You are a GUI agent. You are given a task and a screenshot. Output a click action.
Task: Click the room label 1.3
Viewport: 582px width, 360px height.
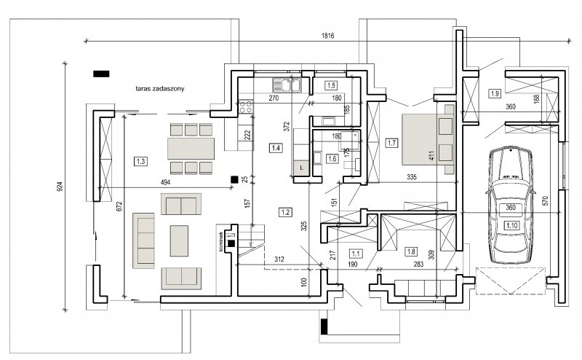click(x=140, y=161)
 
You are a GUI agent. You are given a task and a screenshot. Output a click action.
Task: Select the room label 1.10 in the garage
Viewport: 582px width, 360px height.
click(x=511, y=225)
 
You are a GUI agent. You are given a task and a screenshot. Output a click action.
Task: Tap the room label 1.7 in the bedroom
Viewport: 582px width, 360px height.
click(x=391, y=143)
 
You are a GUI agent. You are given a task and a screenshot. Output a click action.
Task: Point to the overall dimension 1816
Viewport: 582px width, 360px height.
click(x=328, y=36)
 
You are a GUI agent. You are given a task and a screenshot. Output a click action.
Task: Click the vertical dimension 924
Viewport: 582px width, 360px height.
click(x=60, y=186)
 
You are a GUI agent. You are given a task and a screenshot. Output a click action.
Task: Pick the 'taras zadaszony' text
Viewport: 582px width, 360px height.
click(x=160, y=88)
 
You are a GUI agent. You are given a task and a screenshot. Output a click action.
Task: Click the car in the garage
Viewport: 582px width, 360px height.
click(x=511, y=205)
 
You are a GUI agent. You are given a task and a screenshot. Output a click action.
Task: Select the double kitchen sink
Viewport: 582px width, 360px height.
click(x=287, y=85)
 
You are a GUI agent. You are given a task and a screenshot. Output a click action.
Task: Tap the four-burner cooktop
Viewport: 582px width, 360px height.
click(x=245, y=106)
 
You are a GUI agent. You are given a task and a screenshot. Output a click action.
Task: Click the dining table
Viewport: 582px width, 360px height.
click(x=191, y=149)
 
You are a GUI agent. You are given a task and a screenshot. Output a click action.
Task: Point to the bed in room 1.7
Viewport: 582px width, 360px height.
click(x=428, y=139)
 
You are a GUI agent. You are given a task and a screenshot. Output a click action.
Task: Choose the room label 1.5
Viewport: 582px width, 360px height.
click(x=331, y=85)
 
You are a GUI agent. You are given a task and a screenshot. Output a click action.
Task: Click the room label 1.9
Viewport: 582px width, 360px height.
click(x=495, y=94)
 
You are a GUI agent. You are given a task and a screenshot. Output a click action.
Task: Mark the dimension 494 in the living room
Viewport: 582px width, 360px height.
click(x=165, y=182)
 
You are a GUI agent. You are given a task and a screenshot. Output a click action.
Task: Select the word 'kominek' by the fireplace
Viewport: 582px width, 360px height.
click(x=221, y=242)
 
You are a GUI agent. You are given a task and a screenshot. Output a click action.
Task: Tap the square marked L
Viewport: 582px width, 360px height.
click(x=301, y=168)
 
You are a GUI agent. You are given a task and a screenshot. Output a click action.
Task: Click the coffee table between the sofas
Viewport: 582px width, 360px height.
click(x=179, y=241)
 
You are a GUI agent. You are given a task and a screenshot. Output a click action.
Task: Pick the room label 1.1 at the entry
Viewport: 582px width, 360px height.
click(x=356, y=254)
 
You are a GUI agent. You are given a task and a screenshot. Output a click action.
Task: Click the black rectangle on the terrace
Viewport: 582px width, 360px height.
click(x=101, y=74)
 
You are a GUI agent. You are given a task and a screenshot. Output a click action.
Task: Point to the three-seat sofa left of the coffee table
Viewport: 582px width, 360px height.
click(x=143, y=240)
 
